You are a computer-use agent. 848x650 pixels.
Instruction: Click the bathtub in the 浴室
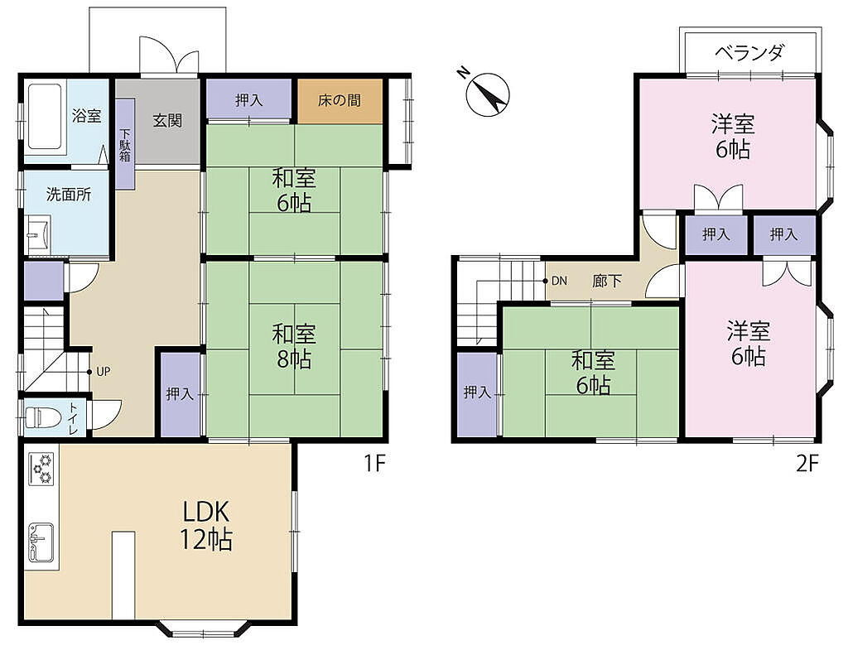click(x=45, y=116)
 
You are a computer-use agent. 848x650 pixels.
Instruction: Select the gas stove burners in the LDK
click(x=41, y=469)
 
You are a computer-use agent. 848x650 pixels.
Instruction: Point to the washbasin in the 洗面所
click(x=38, y=234)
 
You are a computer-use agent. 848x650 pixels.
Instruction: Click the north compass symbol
click(x=487, y=92)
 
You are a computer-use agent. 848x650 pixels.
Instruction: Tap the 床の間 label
click(x=339, y=100)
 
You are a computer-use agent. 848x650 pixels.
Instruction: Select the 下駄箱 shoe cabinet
click(x=125, y=143)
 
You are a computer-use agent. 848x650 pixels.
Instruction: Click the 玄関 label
click(x=167, y=121)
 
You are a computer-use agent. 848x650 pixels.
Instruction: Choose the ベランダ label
click(x=749, y=52)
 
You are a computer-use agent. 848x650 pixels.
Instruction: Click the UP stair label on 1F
click(x=104, y=372)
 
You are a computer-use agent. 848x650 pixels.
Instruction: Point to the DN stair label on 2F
click(x=559, y=281)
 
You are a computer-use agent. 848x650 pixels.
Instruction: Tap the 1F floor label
click(x=373, y=464)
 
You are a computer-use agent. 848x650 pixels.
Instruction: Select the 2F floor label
click(x=807, y=464)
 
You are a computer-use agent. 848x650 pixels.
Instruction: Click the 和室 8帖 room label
click(x=294, y=346)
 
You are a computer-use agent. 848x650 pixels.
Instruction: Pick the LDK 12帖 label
click(x=206, y=524)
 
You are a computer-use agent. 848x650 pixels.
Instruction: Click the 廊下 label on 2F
click(x=607, y=281)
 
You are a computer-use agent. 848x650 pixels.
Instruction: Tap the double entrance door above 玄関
click(x=169, y=55)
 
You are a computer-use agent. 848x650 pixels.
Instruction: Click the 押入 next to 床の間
click(x=249, y=99)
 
